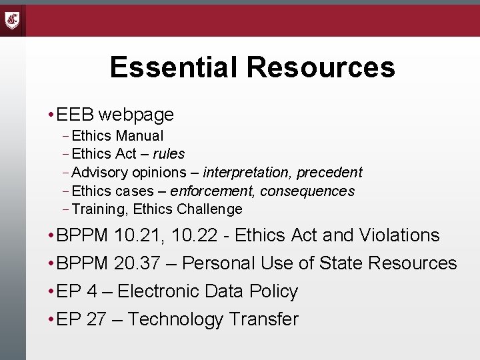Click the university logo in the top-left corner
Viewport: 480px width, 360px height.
(13, 20)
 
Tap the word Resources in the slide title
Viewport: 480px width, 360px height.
(321, 67)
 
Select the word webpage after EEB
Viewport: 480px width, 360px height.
(136, 115)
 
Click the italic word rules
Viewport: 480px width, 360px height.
(169, 154)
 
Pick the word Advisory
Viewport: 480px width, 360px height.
(100, 173)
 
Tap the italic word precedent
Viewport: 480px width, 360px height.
(329, 173)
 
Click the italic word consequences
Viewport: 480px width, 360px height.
(307, 191)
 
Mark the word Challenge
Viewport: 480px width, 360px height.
(210, 209)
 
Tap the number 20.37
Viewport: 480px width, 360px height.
(137, 263)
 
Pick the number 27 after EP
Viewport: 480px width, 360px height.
(96, 319)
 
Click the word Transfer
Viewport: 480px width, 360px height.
(263, 319)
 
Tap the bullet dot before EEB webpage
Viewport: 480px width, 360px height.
(51, 115)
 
